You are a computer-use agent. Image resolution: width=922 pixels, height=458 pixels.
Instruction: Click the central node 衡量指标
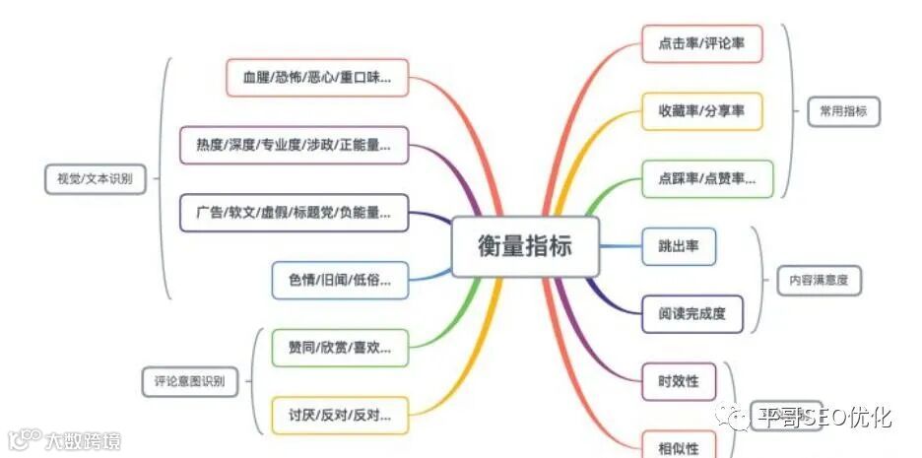(x=525, y=245)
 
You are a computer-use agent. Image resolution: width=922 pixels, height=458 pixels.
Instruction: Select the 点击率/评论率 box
(x=701, y=44)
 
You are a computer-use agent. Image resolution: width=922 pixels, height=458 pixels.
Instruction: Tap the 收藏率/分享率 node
(x=701, y=111)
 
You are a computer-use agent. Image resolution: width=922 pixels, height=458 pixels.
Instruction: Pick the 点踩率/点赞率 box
(x=707, y=178)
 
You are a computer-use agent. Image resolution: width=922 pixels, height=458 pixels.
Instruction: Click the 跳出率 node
(x=679, y=245)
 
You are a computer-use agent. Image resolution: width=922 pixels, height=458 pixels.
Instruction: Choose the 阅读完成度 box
(x=692, y=314)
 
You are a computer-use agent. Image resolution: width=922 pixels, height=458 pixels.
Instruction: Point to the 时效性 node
(x=679, y=380)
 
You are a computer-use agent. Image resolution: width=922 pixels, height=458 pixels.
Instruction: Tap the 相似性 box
(x=679, y=446)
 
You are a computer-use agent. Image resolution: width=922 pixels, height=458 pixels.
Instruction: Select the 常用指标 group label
(x=843, y=111)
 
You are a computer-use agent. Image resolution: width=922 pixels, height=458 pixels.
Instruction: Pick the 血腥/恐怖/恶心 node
(x=317, y=77)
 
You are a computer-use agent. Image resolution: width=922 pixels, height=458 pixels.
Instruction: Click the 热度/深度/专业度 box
(x=294, y=145)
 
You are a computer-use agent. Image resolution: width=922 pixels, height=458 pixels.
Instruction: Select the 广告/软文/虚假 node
(x=294, y=213)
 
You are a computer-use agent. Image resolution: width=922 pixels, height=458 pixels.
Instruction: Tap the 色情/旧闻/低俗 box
(x=340, y=280)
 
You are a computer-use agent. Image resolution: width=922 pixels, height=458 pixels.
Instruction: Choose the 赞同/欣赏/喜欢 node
(x=340, y=347)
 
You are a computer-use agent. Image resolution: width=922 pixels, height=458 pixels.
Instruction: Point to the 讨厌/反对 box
(x=340, y=415)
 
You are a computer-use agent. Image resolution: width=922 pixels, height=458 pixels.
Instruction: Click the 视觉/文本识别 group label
(x=89, y=178)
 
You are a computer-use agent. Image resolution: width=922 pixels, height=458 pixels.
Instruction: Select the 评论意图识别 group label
(x=190, y=380)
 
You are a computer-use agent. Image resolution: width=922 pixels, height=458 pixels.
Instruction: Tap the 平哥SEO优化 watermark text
(x=823, y=418)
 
